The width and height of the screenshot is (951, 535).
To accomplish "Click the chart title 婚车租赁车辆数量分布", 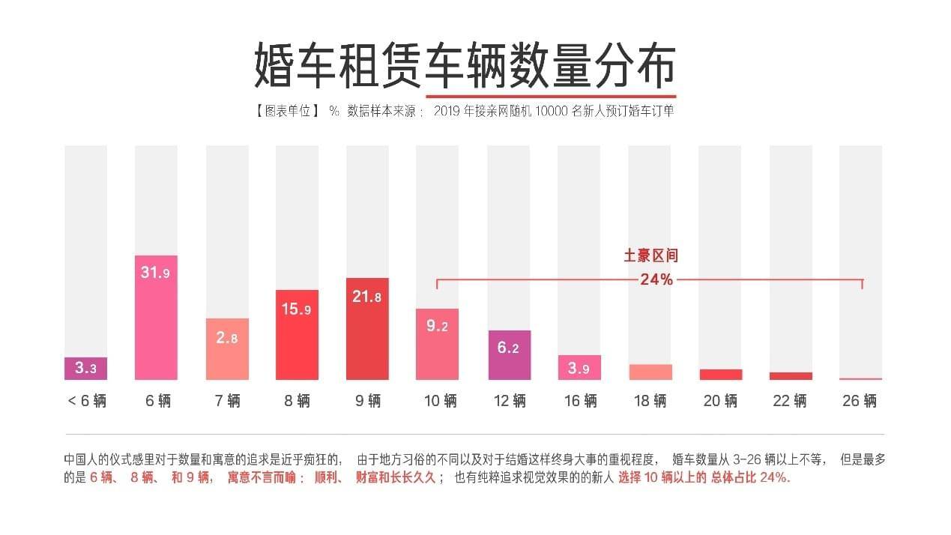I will (465, 65).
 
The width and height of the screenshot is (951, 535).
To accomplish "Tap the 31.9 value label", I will (156, 273).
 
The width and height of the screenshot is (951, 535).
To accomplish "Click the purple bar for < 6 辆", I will (85, 369).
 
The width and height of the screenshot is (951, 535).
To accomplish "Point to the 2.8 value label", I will (227, 338).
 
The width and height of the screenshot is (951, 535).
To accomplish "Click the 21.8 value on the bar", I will (367, 297).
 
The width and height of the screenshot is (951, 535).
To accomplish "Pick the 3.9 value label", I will (579, 368).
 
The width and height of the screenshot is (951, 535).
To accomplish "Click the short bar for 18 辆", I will (650, 372).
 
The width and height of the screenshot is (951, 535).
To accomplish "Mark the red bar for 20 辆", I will (720, 375).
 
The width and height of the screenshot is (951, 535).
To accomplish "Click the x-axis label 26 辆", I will (860, 401).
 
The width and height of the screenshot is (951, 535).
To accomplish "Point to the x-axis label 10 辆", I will (440, 401).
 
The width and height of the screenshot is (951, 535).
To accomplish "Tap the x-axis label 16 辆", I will (580, 401).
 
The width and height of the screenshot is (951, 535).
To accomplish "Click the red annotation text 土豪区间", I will (650, 256).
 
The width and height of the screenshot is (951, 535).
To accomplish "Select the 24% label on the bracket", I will (656, 280).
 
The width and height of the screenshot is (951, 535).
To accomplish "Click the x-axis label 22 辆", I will (790, 401).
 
